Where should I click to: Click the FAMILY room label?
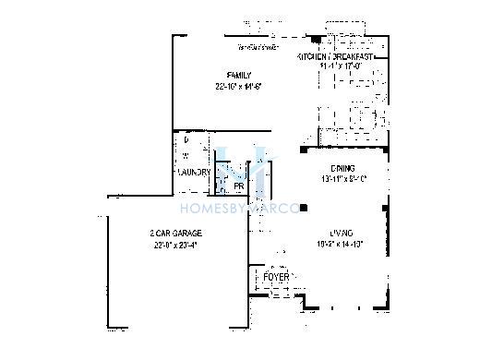click(239, 74)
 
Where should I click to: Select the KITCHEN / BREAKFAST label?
click(335, 57)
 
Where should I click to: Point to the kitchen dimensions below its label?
click(335, 66)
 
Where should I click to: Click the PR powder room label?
click(238, 186)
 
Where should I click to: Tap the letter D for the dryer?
click(186, 140)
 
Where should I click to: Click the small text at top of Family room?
click(258, 46)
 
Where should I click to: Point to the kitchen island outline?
click(348, 118)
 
